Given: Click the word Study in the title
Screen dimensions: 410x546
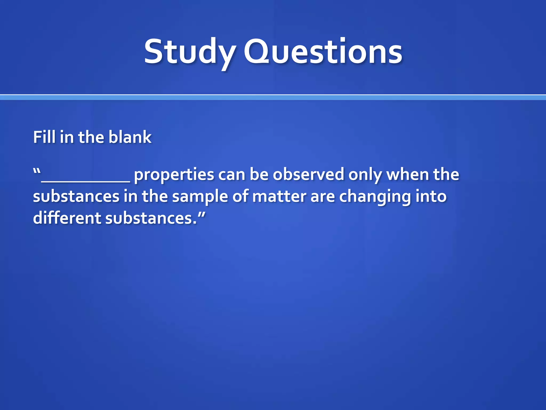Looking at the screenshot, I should click(190, 52).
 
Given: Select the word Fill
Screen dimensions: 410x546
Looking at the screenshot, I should click(44, 137).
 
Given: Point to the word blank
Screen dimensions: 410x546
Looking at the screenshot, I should click(130, 137).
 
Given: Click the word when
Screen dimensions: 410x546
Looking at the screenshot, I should click(408, 175).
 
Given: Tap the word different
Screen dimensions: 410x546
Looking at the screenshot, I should click(67, 218).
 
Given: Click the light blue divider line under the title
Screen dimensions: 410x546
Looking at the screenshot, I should click(273, 97).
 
